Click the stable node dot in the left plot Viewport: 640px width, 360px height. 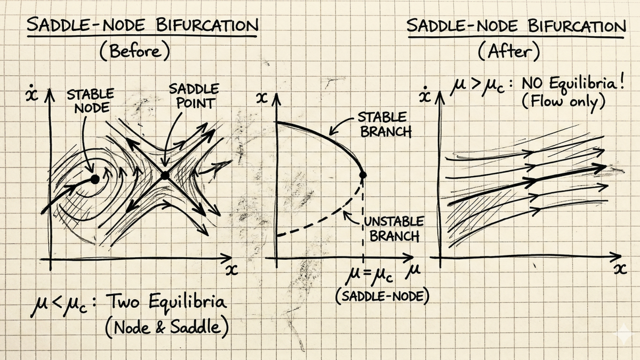pos(94,180)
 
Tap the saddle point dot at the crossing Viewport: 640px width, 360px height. pos(165,175)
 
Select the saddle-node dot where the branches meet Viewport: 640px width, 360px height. pos(363,174)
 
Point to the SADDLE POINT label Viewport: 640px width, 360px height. pos(186,96)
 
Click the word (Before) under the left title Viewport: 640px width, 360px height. pos(134,52)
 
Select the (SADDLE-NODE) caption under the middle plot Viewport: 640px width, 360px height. pos(382,296)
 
